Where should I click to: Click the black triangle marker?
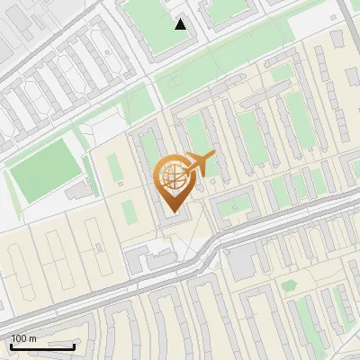tap(181, 24)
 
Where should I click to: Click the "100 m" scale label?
tap(24, 338)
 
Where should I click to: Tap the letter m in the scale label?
tap(33, 338)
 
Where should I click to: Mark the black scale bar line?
tap(42, 346)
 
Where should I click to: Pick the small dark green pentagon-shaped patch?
tap(289, 286)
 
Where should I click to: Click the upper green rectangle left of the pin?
tap(115, 167)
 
